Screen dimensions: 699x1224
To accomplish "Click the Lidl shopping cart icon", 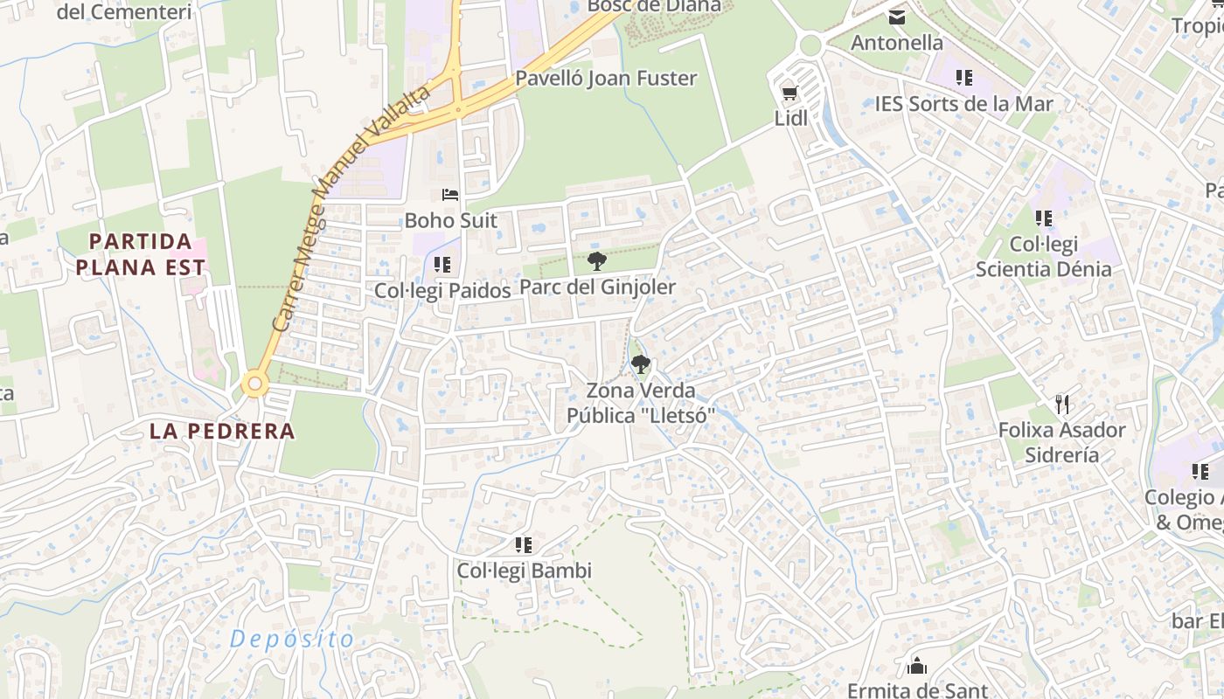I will click(x=789, y=92).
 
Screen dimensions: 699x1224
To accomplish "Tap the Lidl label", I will click(x=791, y=118).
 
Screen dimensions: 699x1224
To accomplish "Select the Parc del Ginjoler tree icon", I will click(x=597, y=260).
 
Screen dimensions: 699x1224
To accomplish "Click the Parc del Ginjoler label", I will click(x=597, y=287).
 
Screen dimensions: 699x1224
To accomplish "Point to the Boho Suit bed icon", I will click(x=450, y=195).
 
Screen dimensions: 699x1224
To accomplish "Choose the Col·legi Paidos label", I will click(x=442, y=290).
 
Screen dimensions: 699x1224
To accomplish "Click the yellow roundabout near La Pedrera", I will click(x=254, y=383).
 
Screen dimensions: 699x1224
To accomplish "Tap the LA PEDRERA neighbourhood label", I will click(x=222, y=431).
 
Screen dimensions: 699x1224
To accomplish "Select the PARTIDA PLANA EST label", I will click(x=141, y=254).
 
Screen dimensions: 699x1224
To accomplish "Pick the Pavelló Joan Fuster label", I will click(x=606, y=78).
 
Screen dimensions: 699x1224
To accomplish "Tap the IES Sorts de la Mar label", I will click(x=963, y=104).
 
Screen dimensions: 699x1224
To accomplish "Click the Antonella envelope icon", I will click(x=897, y=17).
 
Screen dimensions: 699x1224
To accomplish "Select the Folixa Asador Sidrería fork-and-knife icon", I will click(x=1062, y=404).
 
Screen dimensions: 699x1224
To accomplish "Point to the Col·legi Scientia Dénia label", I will click(x=1043, y=256).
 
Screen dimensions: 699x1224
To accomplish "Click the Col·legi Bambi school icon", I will click(x=524, y=545).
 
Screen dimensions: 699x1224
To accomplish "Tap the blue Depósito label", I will click(x=292, y=639).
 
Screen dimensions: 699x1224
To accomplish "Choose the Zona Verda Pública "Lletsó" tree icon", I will click(x=641, y=364).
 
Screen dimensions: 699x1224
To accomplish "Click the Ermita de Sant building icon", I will click(x=917, y=667).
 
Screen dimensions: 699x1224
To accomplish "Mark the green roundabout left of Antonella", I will click(x=810, y=45).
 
